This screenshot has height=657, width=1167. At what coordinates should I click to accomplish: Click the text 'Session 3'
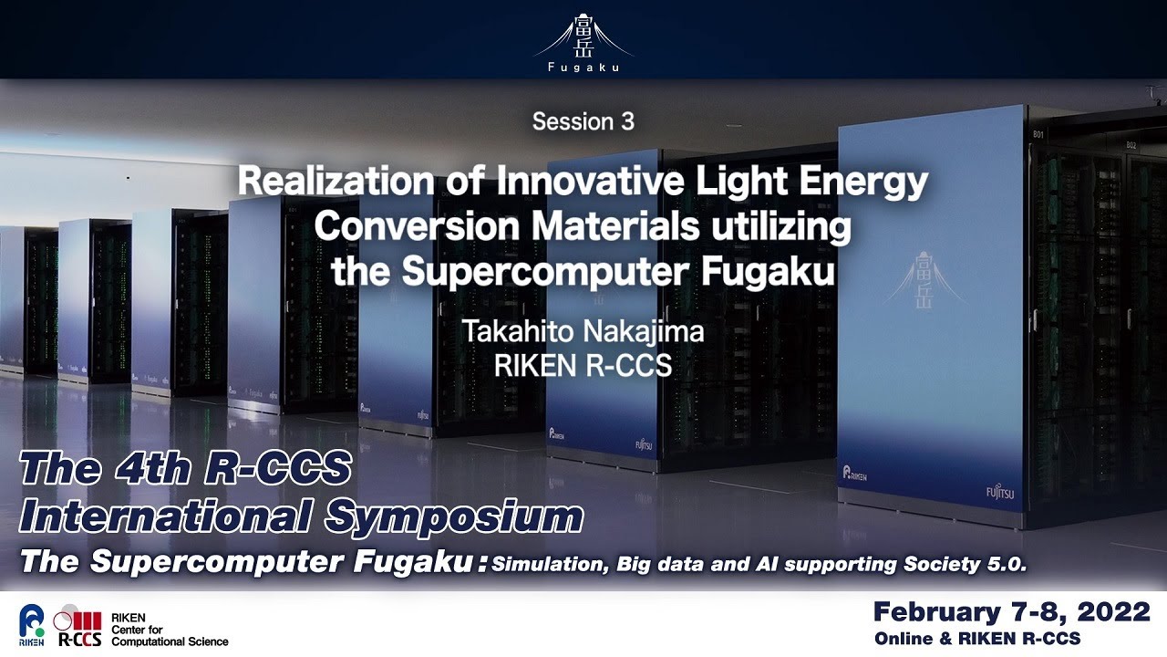click(583, 121)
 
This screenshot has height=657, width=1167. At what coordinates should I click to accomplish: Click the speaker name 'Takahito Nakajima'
click(583, 330)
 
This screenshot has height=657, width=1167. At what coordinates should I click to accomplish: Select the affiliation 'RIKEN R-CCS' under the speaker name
click(583, 365)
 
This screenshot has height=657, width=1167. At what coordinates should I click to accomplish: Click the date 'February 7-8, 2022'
click(1011, 611)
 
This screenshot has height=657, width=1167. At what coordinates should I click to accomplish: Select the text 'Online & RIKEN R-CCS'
click(977, 638)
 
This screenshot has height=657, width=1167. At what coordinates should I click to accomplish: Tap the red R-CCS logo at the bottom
click(79, 626)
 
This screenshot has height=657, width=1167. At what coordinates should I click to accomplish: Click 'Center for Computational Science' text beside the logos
click(170, 635)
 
